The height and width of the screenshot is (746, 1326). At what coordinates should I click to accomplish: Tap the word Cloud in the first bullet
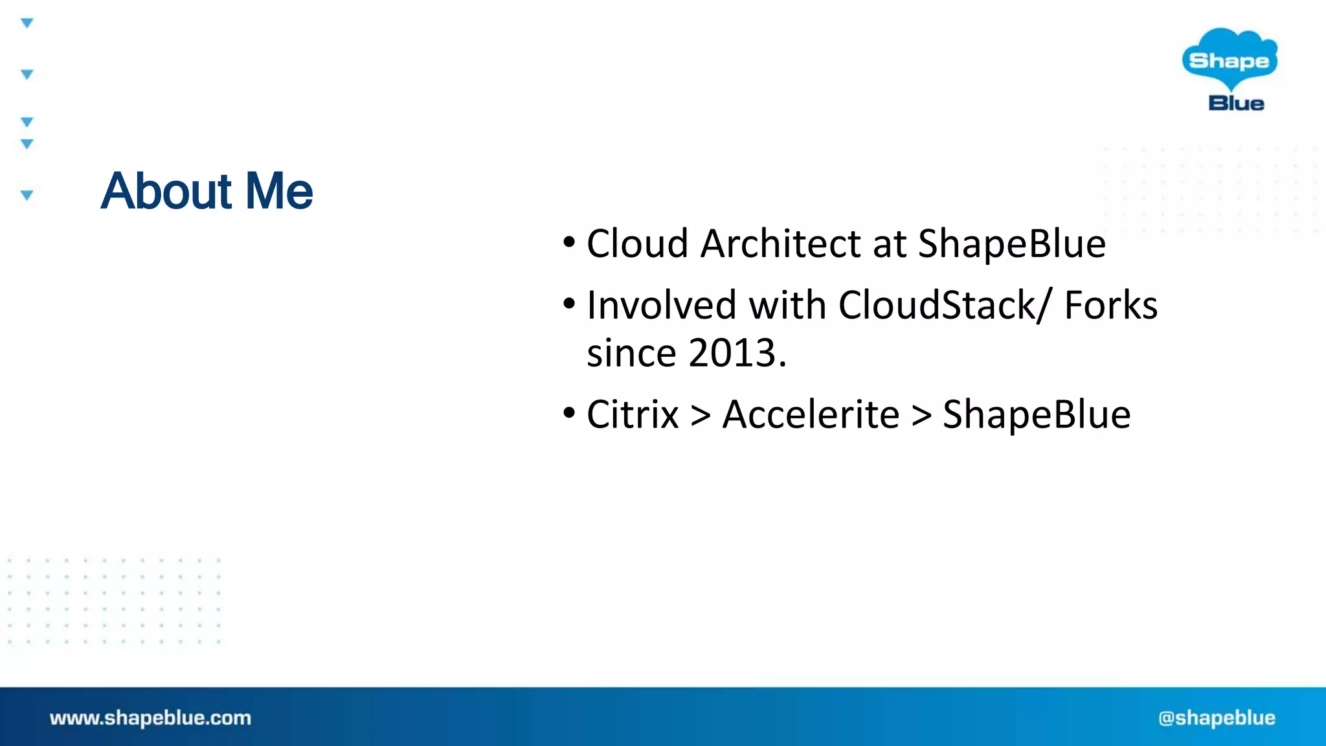tap(637, 244)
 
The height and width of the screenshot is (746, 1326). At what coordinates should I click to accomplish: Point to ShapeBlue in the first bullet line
tap(1011, 244)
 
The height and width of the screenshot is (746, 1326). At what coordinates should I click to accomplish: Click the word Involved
tap(661, 305)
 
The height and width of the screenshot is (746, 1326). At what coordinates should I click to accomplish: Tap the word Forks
tap(1110, 305)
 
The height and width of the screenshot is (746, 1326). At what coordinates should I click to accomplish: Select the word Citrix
tap(632, 414)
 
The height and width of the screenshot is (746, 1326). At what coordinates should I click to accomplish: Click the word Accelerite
tap(811, 414)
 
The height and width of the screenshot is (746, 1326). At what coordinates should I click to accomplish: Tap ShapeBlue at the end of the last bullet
tap(1036, 414)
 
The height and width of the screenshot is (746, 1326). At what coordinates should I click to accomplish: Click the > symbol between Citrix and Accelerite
tap(701, 416)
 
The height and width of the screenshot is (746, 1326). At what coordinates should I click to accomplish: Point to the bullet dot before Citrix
tap(568, 413)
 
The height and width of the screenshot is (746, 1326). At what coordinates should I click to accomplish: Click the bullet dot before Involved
tap(568, 304)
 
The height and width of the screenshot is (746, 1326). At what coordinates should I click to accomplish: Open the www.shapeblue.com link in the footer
tap(150, 718)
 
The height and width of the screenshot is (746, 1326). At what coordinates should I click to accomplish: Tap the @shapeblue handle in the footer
tap(1217, 718)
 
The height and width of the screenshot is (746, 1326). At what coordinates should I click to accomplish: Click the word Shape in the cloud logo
tap(1228, 61)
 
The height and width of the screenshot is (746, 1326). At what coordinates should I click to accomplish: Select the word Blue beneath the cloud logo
tap(1235, 103)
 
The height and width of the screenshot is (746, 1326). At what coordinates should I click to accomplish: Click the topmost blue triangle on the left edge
tap(27, 23)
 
